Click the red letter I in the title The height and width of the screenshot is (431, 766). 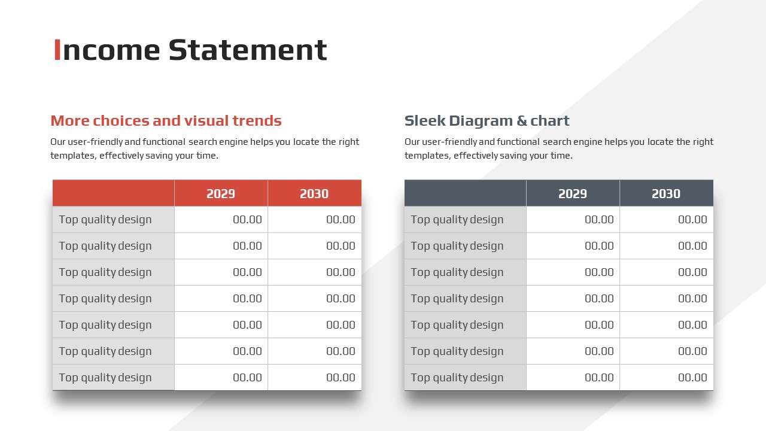57,50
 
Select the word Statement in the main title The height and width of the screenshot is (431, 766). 248,50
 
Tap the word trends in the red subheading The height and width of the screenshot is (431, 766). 257,121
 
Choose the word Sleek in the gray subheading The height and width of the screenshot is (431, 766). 425,121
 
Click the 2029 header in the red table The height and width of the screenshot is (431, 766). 221,194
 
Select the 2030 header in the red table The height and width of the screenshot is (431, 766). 314,194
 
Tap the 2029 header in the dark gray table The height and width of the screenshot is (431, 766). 573,194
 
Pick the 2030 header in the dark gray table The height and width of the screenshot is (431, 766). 666,194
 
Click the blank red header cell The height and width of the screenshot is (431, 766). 114,193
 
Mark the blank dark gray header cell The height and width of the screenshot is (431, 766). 466,193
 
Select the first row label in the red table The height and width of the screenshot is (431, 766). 105,220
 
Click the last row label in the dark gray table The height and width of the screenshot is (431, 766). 457,378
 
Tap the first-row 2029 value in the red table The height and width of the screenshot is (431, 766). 247,220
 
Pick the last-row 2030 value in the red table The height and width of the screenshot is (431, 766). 341,378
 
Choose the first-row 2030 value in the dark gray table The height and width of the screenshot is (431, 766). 692,220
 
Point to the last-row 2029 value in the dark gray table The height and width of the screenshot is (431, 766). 599,378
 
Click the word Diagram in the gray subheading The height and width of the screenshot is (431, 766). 481,121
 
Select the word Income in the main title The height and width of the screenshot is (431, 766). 107,50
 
